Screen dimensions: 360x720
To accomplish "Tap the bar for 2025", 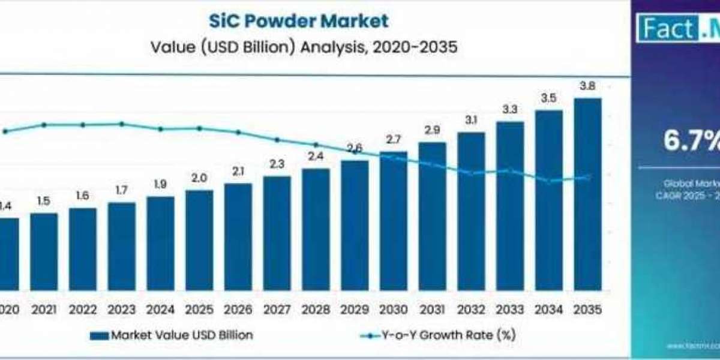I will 199,240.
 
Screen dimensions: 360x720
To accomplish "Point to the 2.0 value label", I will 199,178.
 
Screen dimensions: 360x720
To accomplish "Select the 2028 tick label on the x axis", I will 316,310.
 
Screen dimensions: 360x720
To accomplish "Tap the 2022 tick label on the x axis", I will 83,310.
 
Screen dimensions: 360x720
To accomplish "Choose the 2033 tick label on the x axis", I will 510,310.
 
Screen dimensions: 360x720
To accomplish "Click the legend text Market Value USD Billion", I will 182,335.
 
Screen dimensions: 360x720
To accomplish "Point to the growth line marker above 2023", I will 122,124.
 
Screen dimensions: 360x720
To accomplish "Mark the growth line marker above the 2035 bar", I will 588,177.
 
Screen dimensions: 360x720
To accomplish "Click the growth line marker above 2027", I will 277,140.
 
